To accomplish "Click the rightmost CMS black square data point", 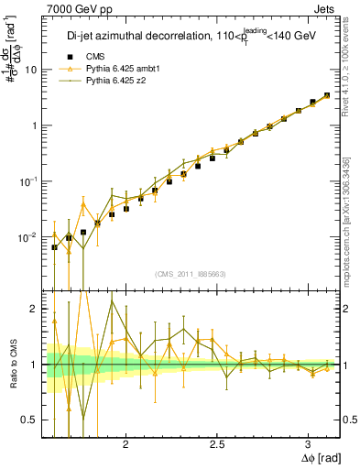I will [x=327, y=95].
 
